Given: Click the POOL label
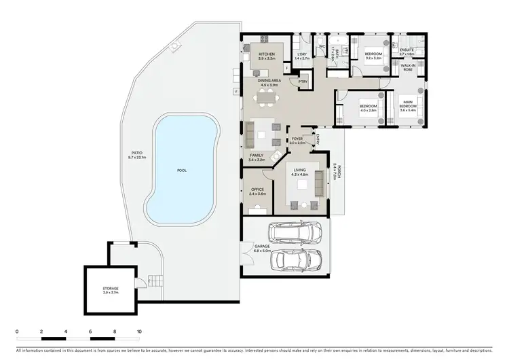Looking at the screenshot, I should tap(181, 170).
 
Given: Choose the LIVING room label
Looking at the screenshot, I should tap(300, 171).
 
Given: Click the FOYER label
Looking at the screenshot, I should tap(297, 140).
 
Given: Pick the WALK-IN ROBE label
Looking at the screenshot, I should tap(408, 67).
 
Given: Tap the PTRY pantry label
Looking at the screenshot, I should tap(303, 82).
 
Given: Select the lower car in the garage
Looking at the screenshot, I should tap(297, 262).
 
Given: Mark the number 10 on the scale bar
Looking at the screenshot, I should tap(139, 332).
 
